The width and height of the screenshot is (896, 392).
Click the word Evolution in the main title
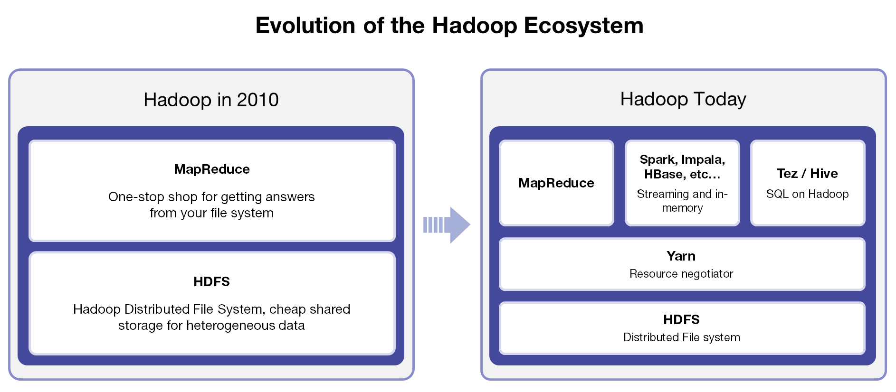[305, 25]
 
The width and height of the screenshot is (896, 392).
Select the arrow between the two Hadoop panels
[447, 225]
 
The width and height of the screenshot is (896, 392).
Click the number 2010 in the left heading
[257, 100]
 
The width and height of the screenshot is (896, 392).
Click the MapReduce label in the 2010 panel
[212, 169]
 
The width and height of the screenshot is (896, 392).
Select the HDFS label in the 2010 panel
[211, 281]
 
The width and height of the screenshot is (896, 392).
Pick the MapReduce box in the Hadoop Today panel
[556, 183]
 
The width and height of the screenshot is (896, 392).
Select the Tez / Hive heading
[807, 174]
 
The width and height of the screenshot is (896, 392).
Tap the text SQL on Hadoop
[807, 194]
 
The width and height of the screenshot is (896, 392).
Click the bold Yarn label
[681, 256]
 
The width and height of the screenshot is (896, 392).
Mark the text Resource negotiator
[681, 274]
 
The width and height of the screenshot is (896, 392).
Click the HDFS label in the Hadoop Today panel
[681, 319]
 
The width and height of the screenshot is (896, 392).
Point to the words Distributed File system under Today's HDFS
[682, 337]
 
